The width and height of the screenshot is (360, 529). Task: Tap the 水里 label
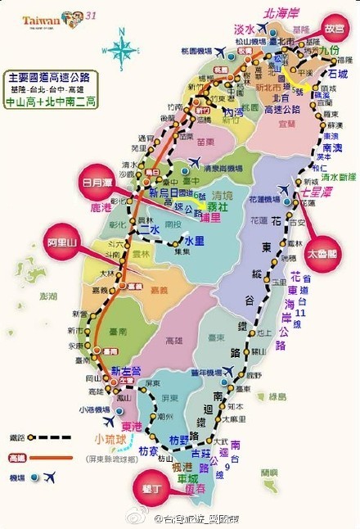(x=195, y=242)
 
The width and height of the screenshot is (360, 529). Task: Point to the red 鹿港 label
(x=101, y=208)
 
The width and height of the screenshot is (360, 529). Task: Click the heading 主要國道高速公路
(x=51, y=75)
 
